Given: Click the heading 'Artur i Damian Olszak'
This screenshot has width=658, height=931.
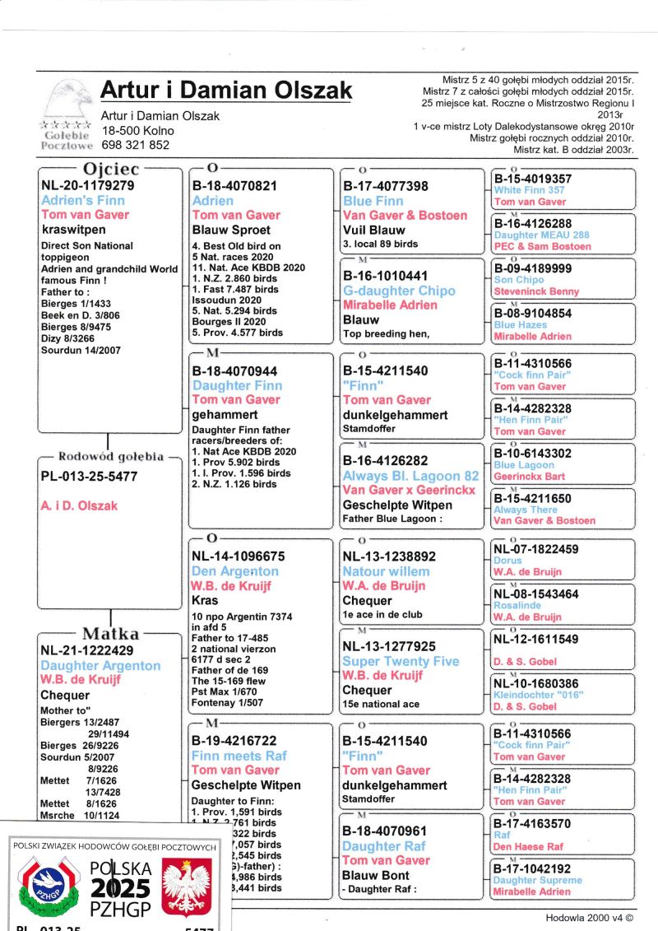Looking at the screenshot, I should [226, 91].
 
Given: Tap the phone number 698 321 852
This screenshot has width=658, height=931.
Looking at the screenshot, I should [136, 145].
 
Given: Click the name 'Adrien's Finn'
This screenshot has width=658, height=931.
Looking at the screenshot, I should [83, 200].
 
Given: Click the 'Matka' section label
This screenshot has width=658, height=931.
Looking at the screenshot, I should [110, 634].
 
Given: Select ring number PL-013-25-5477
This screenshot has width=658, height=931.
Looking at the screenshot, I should [89, 477].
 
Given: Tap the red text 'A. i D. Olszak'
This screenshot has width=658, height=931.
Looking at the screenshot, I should [79, 505].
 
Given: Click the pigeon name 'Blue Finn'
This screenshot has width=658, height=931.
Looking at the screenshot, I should [373, 201].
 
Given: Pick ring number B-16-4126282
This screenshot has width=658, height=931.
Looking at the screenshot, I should [385, 461].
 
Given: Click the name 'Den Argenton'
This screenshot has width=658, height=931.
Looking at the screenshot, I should [234, 571].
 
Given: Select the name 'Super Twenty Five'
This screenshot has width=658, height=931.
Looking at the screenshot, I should [400, 661].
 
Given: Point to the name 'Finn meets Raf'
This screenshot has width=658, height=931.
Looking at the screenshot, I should [239, 756].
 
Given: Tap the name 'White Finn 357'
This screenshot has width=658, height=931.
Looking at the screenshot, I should [529, 190].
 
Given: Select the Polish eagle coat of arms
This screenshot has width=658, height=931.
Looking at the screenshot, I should [187, 885].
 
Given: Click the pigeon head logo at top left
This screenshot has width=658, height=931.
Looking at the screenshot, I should [66, 100].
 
